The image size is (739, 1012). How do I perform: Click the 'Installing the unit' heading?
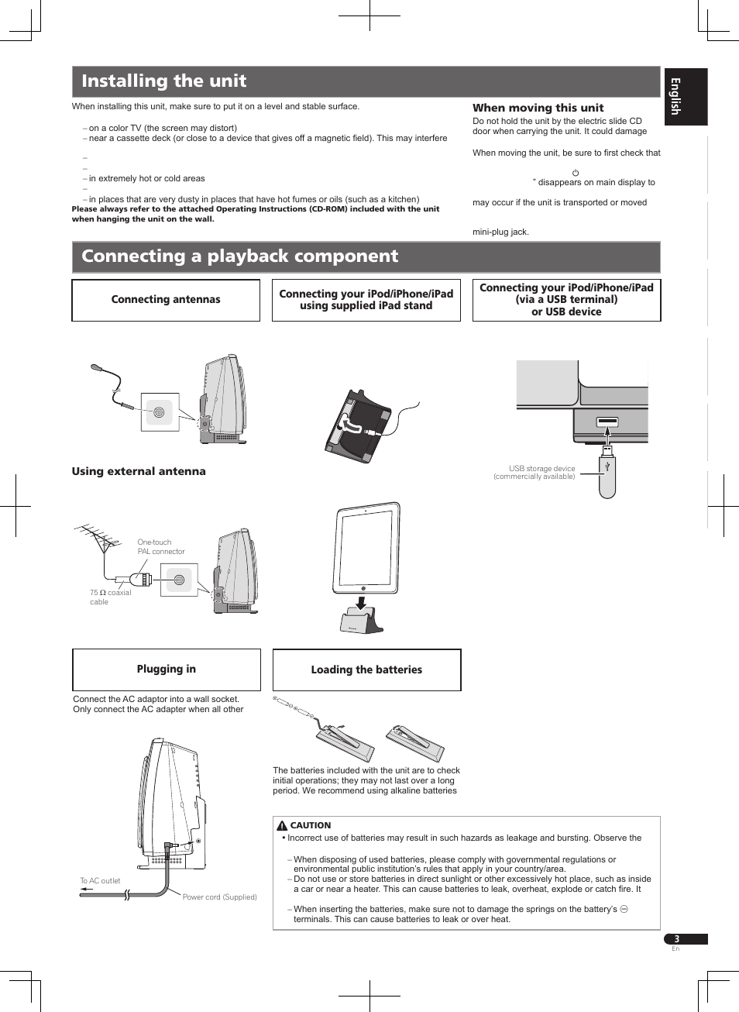click(x=163, y=81)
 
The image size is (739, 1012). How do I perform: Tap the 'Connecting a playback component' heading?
click(x=239, y=256)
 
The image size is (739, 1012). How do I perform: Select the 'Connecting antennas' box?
click(x=166, y=300)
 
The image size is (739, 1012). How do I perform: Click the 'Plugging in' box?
click(x=167, y=670)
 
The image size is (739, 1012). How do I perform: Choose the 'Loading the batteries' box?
click(x=366, y=670)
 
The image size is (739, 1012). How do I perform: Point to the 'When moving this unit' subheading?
click(x=538, y=108)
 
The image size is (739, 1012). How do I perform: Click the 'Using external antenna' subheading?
click(x=139, y=471)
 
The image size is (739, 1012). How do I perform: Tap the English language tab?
click(x=685, y=97)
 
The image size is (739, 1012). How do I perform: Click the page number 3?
click(x=676, y=939)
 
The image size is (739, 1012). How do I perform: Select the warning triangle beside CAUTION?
click(x=282, y=826)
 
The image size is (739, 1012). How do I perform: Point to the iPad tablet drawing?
click(x=366, y=548)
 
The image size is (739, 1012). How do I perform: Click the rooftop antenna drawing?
click(x=98, y=538)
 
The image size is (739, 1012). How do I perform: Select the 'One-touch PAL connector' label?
click(x=160, y=547)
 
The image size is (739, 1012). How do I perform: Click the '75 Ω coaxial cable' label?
click(x=109, y=597)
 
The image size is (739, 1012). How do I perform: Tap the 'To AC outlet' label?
click(x=101, y=881)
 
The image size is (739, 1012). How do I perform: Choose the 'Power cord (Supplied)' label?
click(x=219, y=897)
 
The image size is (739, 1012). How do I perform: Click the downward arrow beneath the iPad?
click(x=360, y=603)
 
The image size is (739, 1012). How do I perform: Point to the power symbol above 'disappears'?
click(x=576, y=173)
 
